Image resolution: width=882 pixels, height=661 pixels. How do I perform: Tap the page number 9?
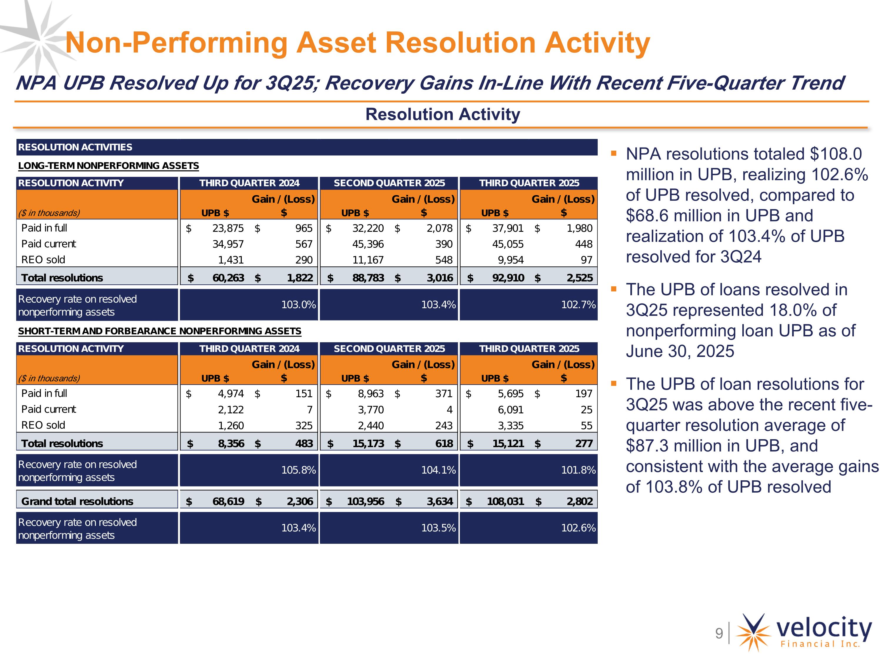tap(719, 633)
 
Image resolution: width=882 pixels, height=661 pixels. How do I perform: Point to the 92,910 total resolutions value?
tap(508, 278)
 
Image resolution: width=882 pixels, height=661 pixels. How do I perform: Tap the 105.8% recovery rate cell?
tap(298, 470)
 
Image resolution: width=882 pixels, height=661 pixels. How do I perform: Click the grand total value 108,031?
tap(505, 501)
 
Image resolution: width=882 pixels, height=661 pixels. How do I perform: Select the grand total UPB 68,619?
tap(228, 501)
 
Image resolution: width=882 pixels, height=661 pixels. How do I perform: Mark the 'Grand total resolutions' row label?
tap(77, 501)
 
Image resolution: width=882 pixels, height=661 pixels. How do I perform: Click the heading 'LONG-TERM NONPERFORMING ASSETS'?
tap(108, 166)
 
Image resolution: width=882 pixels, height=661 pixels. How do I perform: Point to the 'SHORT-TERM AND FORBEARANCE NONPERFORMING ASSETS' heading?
tap(159, 331)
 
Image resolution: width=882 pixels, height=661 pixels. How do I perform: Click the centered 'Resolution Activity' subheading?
tap(442, 114)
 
